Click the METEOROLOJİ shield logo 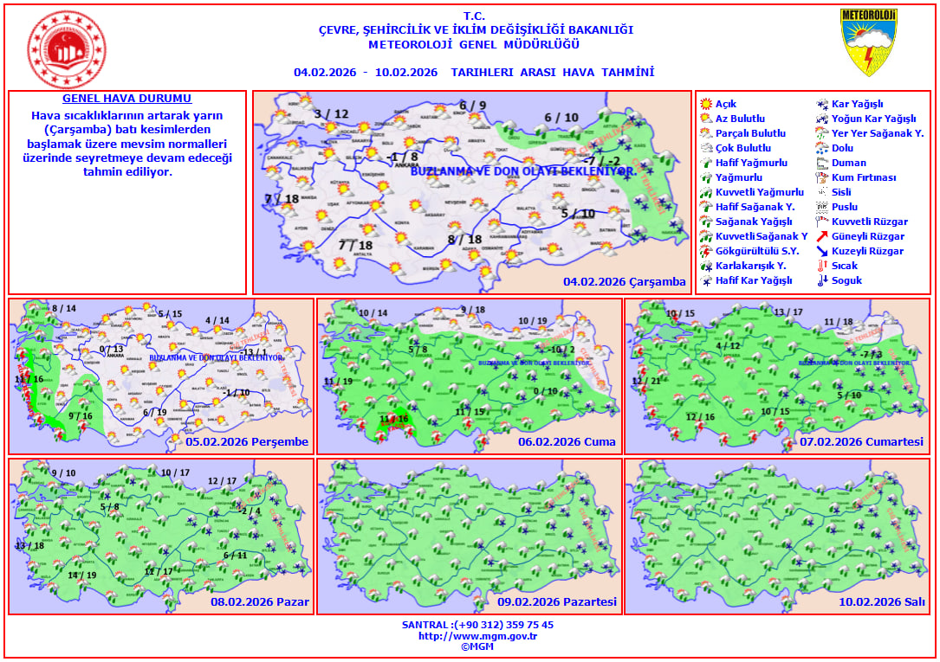pyautogui.click(x=868, y=42)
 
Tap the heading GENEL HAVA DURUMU pyautogui.click(x=127, y=100)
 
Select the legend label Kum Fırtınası pyautogui.click(x=863, y=177)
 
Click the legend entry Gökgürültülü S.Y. pyautogui.click(x=750, y=251)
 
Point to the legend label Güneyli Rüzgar pyautogui.click(x=867, y=236)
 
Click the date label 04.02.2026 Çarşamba pyautogui.click(x=624, y=282)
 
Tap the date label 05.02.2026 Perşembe pyautogui.click(x=247, y=442)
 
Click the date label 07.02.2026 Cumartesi pyautogui.click(x=861, y=442)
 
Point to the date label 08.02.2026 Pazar pyautogui.click(x=259, y=602)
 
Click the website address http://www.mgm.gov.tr pyautogui.click(x=477, y=636)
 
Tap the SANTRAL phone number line pyautogui.click(x=477, y=625)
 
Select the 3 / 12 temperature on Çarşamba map pyautogui.click(x=331, y=114)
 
